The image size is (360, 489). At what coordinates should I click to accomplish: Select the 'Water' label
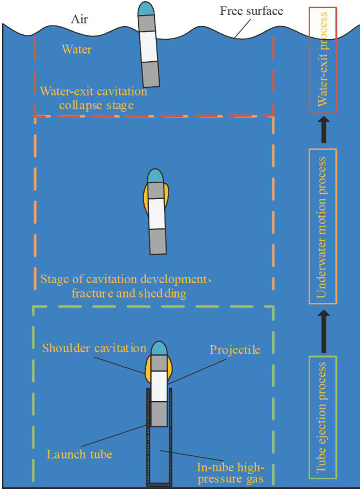pyautogui.click(x=76, y=50)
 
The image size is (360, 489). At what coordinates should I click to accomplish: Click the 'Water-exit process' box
pyautogui.click(x=322, y=60)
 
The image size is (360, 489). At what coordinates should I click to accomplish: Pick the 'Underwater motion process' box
pyautogui.click(x=322, y=226)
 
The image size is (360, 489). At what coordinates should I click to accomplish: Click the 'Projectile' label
pyautogui.click(x=235, y=350)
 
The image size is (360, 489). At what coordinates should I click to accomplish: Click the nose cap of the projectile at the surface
pyautogui.click(x=145, y=9)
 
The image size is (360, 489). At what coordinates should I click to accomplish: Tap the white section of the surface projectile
pyautogui.click(x=148, y=47)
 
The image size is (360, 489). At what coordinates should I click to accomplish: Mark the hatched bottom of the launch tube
pyautogui.click(x=160, y=484)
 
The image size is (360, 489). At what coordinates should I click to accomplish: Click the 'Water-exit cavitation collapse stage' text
pyautogui.click(x=93, y=98)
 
